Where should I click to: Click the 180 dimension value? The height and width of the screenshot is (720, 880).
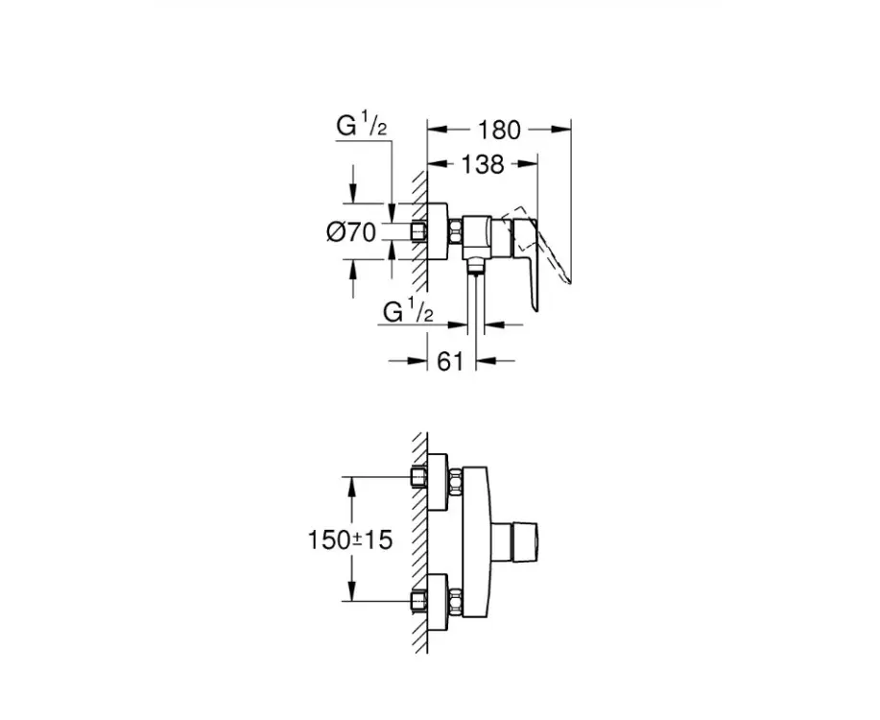[499, 130]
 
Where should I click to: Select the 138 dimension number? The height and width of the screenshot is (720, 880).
[482, 164]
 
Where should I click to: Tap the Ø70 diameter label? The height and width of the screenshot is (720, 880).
[351, 231]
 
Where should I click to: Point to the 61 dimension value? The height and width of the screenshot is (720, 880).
[450, 361]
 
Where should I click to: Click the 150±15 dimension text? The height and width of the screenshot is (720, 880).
[350, 540]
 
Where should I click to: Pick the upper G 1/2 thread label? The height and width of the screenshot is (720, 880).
[362, 126]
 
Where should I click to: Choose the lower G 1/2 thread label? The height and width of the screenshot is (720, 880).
[409, 311]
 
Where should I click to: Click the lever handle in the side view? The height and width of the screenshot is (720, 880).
[525, 258]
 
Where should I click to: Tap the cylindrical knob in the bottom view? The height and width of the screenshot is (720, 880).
[514, 540]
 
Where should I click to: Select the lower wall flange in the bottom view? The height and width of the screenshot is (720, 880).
[438, 603]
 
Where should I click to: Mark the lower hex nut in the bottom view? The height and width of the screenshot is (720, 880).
[455, 602]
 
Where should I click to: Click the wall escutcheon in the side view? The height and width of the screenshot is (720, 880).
[438, 231]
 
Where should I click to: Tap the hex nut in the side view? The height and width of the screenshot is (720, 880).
[455, 231]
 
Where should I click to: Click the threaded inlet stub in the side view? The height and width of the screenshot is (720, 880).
[418, 231]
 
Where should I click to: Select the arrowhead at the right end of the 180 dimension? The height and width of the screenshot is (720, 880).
[561, 130]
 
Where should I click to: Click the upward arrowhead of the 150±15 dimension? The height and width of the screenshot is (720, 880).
[352, 488]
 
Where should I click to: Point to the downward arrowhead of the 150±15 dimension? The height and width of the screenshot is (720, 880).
[352, 591]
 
